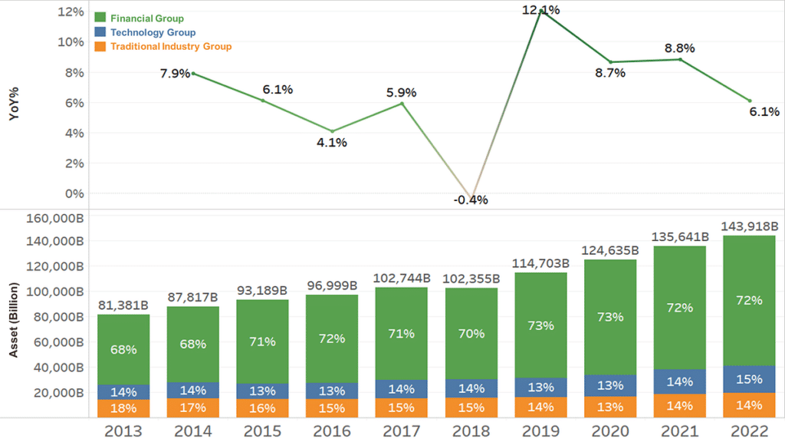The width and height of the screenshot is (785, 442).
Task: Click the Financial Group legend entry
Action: (146, 18)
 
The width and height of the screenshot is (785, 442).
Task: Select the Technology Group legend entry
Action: (152, 32)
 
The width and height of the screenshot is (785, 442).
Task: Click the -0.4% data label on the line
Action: (471, 200)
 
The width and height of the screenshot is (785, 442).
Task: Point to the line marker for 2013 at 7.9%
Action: (192, 74)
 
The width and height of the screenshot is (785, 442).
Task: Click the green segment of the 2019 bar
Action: (541, 325)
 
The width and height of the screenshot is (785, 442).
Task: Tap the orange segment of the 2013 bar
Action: (123, 408)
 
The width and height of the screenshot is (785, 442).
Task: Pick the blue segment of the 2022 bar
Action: (749, 379)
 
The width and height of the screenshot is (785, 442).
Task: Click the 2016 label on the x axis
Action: (332, 431)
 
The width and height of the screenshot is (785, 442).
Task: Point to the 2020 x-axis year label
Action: (610, 431)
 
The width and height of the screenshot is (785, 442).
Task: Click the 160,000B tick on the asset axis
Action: (56, 218)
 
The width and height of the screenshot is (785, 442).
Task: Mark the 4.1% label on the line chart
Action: (333, 143)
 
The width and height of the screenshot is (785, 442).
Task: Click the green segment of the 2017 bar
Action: (402, 334)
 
